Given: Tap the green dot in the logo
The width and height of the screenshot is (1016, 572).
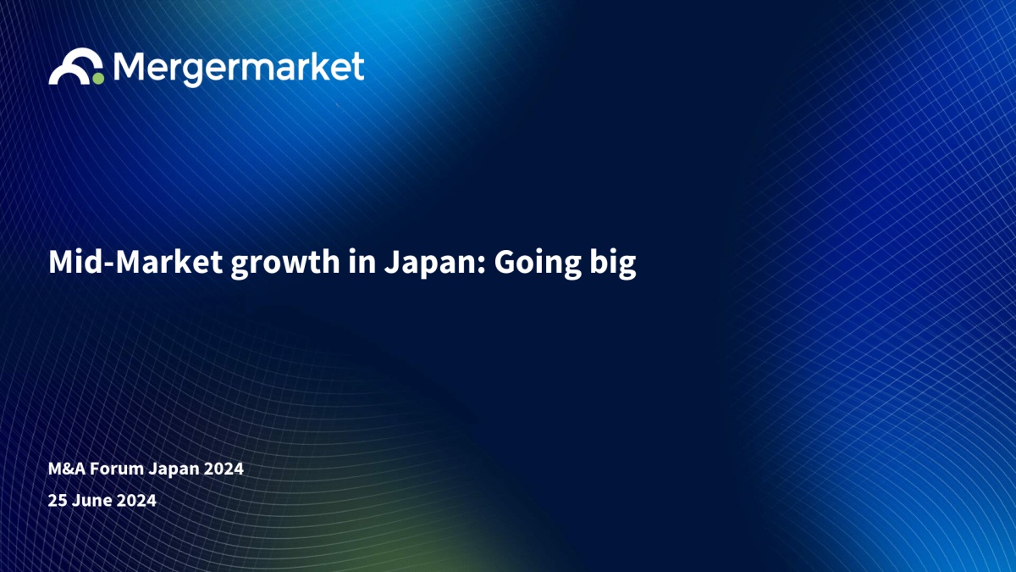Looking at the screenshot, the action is [98, 79].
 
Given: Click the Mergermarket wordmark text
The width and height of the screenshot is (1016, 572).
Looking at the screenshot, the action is [239, 69].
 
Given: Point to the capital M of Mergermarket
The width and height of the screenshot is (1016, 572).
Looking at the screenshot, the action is [129, 66].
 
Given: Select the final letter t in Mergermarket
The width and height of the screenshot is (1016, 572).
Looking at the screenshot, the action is [358, 67].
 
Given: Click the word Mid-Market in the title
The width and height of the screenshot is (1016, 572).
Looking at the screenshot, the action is [135, 262].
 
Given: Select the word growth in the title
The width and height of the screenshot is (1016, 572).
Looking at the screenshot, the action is [285, 264].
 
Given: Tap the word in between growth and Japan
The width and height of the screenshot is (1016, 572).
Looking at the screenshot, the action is [362, 262].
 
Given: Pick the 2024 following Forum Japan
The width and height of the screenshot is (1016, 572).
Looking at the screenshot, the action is [224, 469].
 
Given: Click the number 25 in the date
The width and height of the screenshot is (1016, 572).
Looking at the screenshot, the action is [58, 500].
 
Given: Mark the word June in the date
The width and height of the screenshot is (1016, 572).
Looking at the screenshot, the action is [92, 500].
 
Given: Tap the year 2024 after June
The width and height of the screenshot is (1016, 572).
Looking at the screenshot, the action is [136, 500].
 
